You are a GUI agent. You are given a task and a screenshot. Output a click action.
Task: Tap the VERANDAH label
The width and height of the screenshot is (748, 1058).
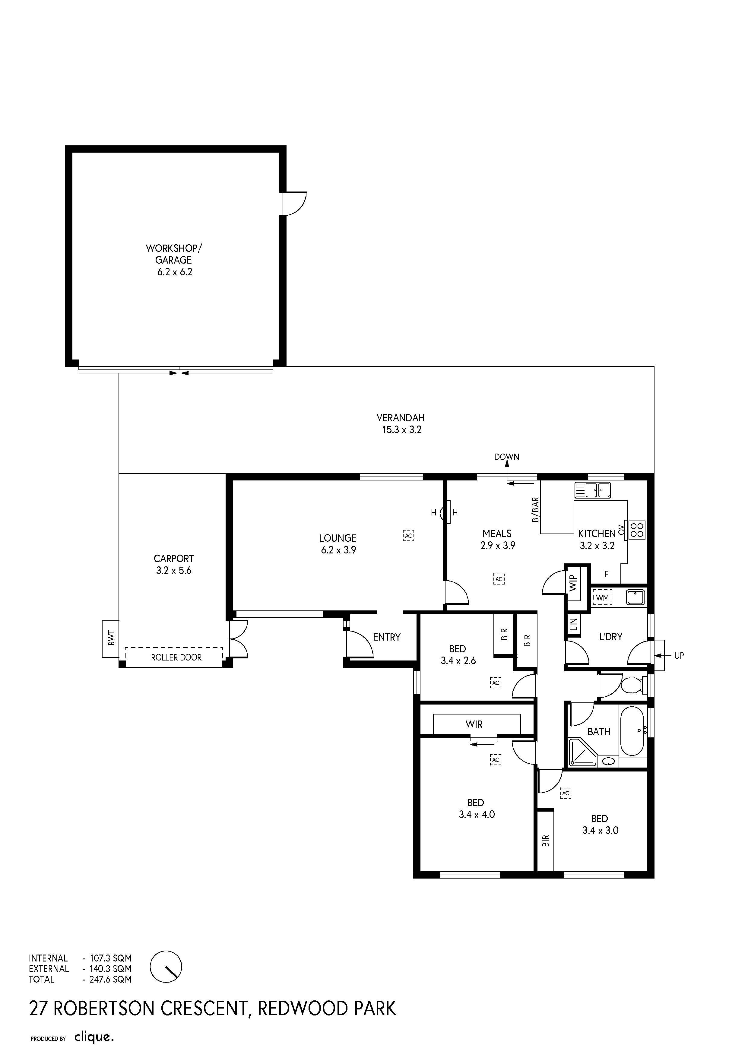tap(401, 418)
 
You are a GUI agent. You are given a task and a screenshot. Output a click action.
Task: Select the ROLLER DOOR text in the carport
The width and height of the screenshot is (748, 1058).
tap(176, 657)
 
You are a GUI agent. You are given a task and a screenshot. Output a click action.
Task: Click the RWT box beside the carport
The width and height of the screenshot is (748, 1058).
tap(111, 639)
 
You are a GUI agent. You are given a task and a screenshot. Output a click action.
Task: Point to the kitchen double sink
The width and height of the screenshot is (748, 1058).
tap(593, 490)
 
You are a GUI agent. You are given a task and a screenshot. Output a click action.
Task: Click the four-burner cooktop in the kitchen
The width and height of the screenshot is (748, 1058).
tap(637, 530)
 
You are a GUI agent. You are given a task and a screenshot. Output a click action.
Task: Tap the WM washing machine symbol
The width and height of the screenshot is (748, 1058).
tap(602, 598)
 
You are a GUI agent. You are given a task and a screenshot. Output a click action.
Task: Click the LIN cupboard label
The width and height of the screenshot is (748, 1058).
tap(573, 624)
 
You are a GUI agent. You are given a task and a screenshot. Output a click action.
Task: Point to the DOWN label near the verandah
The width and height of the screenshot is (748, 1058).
tap(506, 457)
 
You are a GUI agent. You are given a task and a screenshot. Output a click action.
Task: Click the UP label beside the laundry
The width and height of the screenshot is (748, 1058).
tap(679, 656)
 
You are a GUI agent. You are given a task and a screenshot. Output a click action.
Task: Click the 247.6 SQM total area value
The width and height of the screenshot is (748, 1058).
tap(110, 979)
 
